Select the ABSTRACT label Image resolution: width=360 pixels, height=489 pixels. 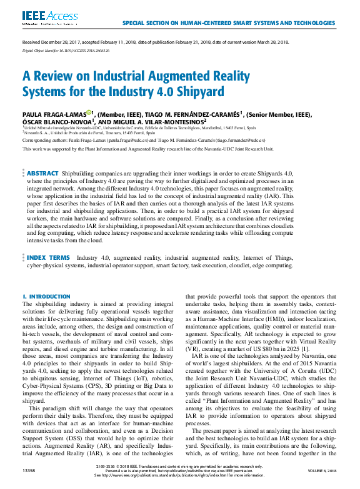pyautogui.click(x=42, y=173)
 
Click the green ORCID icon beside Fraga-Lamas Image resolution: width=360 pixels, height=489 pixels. pyautogui.click(x=89, y=113)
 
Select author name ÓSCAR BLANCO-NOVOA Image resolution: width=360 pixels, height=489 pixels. pyautogui.click(x=58, y=122)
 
